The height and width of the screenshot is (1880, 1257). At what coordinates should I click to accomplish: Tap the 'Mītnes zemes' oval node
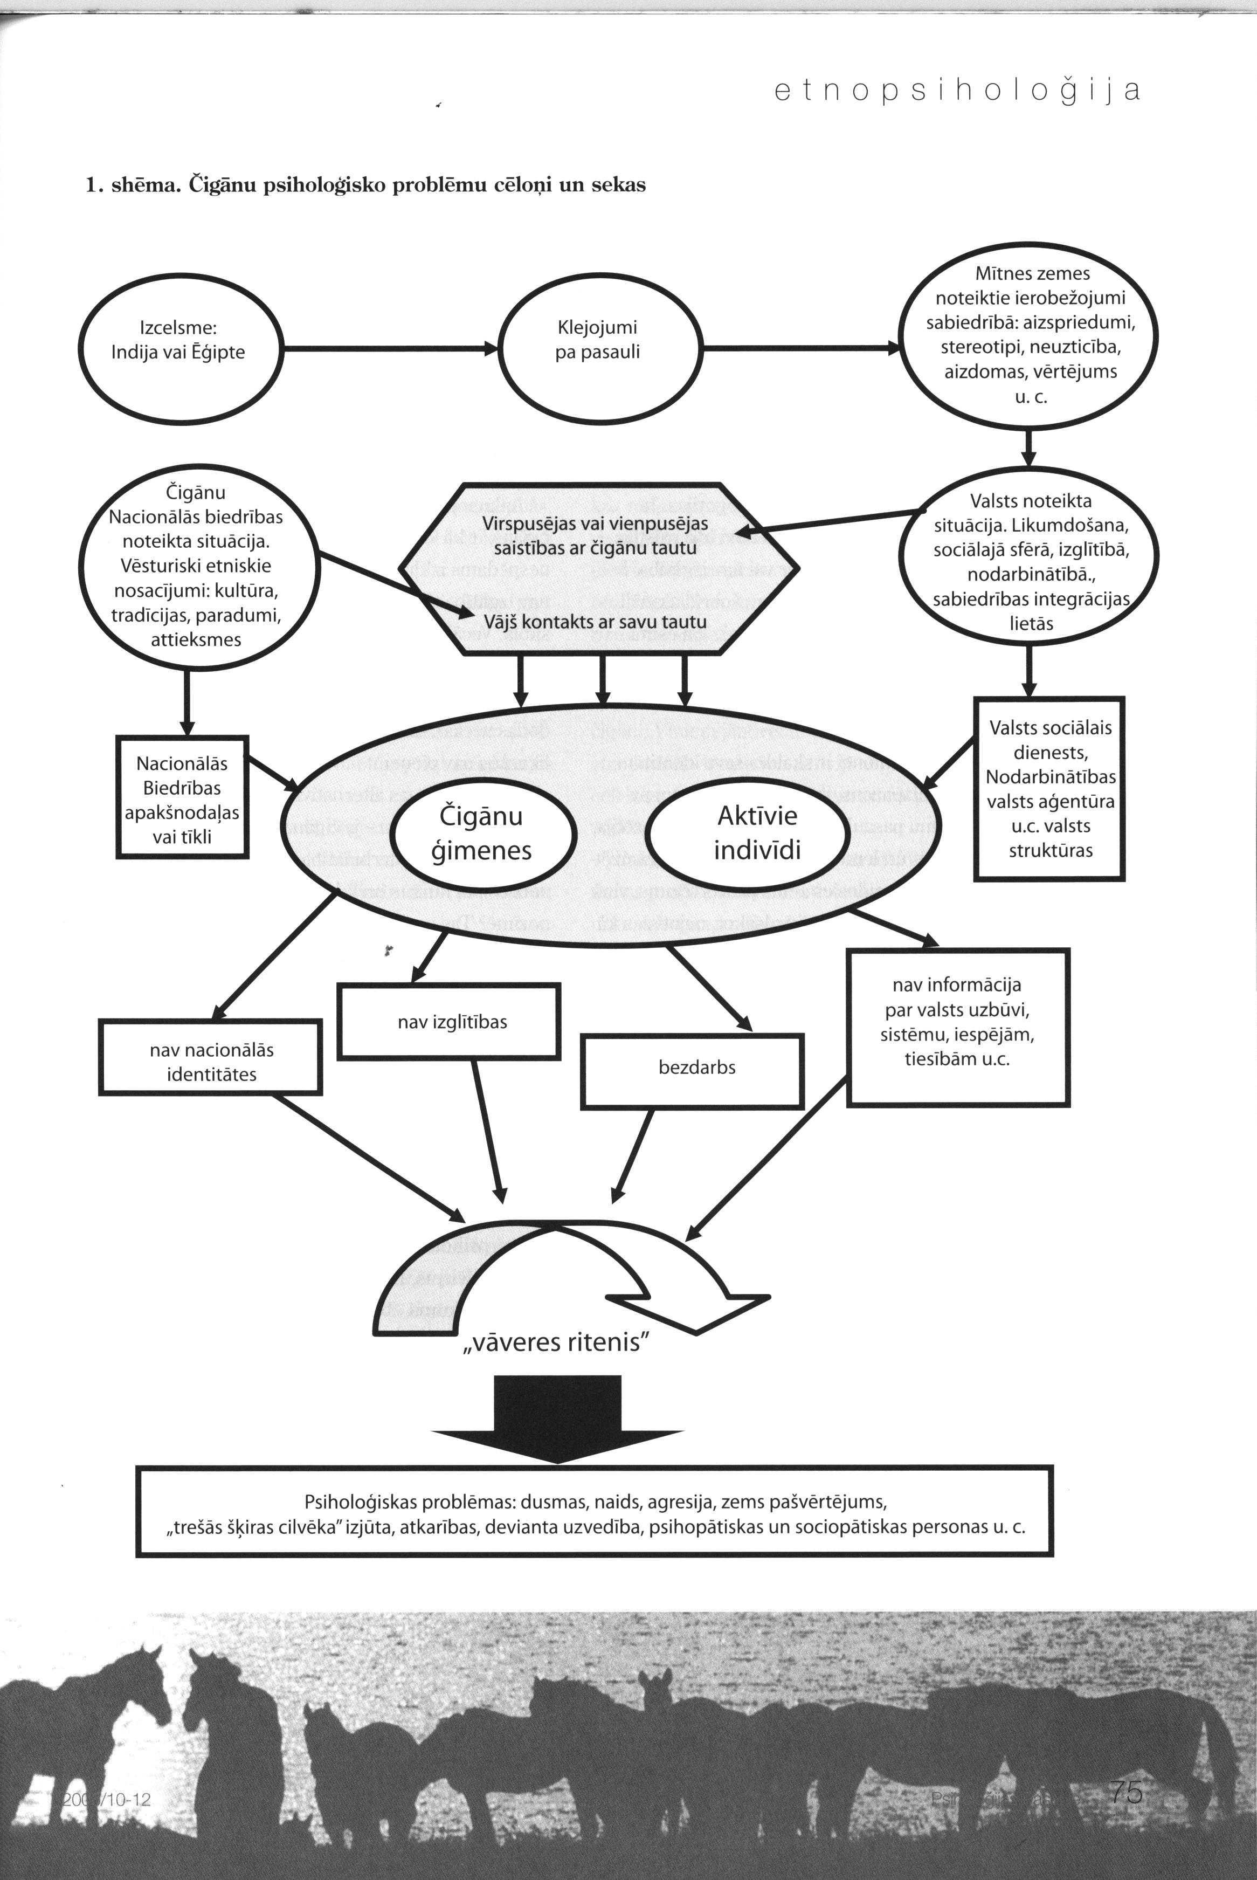[1030, 334]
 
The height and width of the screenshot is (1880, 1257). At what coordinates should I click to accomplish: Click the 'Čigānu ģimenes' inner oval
[482, 833]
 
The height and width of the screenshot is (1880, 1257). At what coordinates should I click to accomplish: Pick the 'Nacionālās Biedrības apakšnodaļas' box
[182, 798]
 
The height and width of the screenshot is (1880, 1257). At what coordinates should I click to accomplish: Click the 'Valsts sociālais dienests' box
[1049, 790]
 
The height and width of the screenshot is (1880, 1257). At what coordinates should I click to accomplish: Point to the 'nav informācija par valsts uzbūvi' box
[958, 1026]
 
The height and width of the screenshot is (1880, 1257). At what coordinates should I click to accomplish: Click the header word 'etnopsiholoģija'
[957, 91]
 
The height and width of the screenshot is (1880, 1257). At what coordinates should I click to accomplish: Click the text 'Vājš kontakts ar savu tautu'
[595, 622]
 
